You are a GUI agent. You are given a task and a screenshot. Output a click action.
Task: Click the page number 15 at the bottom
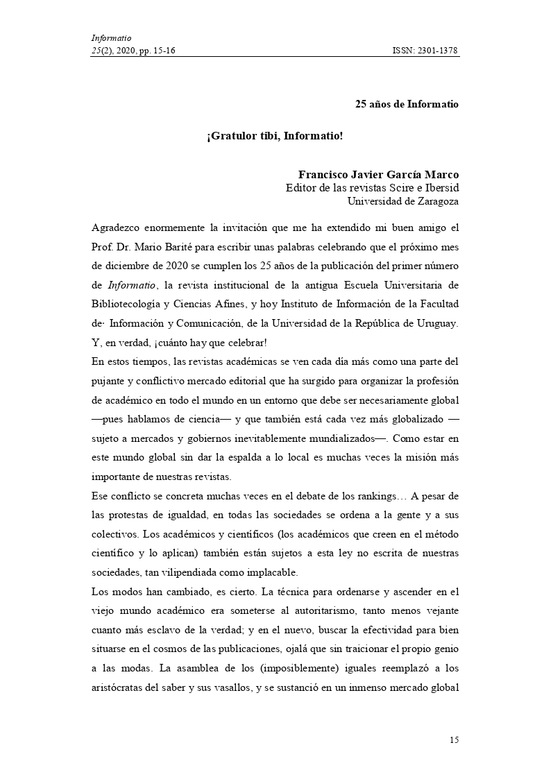click(x=454, y=739)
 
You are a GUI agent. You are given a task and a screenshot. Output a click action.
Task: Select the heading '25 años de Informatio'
click(x=407, y=105)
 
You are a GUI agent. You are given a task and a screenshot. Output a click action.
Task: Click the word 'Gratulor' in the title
click(x=231, y=136)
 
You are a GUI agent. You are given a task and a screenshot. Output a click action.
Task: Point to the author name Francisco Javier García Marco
click(x=378, y=175)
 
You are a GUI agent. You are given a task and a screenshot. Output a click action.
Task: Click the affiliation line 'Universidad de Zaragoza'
click(x=402, y=201)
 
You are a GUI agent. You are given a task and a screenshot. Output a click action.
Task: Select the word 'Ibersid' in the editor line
click(x=442, y=188)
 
